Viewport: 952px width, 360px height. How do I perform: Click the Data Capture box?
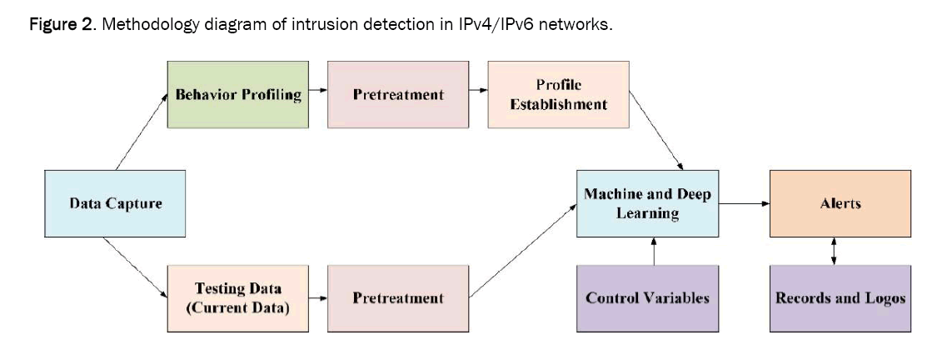(x=114, y=203)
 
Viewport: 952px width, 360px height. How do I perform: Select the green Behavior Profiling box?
(x=238, y=94)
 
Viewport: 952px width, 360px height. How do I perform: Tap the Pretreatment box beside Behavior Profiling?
(x=398, y=94)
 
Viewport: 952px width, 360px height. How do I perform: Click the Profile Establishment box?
(x=558, y=94)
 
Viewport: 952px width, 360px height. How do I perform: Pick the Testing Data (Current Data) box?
(x=238, y=297)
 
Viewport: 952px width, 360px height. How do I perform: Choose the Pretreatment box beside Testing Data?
(x=398, y=297)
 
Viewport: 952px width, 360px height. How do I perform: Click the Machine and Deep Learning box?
(x=647, y=203)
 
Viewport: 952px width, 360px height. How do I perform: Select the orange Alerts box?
(x=840, y=202)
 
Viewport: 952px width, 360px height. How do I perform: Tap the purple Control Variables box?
(x=647, y=297)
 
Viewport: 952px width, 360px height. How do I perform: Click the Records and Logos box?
(x=840, y=297)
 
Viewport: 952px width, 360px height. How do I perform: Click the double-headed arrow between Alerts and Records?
(x=835, y=250)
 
